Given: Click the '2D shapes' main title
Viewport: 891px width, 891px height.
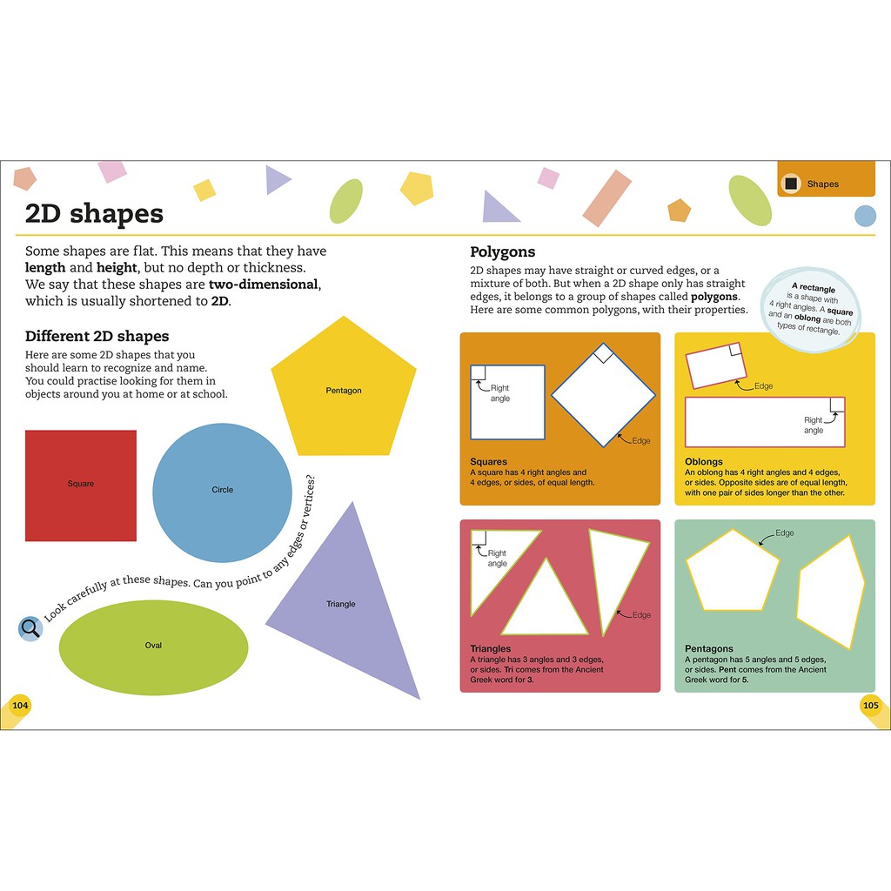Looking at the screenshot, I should tap(94, 213).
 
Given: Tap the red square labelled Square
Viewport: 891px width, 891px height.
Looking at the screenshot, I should tap(81, 486).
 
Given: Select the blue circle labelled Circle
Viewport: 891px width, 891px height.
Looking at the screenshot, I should tap(222, 492).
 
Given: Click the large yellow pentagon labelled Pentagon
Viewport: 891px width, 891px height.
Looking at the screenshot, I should tap(344, 392).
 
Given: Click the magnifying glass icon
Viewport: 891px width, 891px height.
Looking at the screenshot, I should tap(30, 627).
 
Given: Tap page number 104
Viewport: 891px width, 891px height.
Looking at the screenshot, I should tap(19, 705).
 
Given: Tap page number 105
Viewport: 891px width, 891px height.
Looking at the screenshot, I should tap(871, 705).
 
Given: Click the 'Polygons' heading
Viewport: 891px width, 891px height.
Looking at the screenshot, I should tap(502, 252).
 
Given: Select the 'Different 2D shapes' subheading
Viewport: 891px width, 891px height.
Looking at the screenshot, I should tap(97, 337).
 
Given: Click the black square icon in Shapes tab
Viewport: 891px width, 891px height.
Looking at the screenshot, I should tap(790, 184).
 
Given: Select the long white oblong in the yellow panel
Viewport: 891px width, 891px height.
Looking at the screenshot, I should tap(765, 422).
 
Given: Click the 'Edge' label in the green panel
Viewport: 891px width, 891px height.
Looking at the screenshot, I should tap(784, 533).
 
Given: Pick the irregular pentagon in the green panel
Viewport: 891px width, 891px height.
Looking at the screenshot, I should tap(831, 592).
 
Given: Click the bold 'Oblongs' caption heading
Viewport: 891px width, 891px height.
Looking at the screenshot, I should tap(703, 462).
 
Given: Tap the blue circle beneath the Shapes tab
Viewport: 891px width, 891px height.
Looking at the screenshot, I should tap(865, 216).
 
